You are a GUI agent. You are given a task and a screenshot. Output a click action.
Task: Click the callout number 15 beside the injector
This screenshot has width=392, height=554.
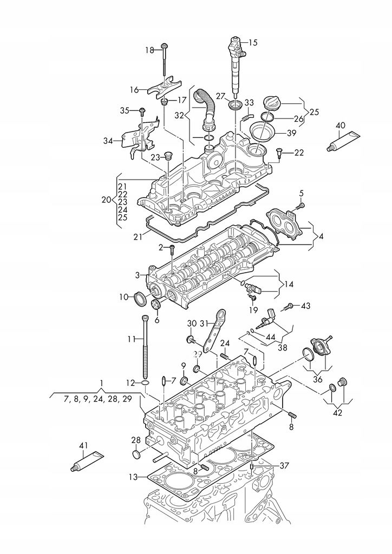[x=253, y=42]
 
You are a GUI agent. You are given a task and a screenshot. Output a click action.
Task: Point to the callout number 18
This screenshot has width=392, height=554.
[x=149, y=50]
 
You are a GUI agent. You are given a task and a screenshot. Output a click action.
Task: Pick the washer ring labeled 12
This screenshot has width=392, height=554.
[x=145, y=384]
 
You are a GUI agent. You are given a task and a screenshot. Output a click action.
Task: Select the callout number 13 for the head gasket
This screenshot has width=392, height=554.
[x=134, y=477]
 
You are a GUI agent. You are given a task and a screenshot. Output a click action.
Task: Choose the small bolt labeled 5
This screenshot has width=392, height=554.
[x=300, y=205]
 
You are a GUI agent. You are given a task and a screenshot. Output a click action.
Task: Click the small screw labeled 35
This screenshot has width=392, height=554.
[x=141, y=110]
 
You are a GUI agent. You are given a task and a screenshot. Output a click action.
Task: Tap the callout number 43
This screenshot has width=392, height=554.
[x=306, y=306]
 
